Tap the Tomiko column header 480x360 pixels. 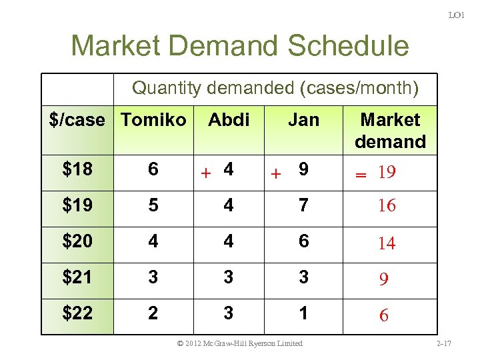(x=153, y=120)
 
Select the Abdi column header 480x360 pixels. (x=229, y=120)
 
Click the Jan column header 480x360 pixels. (x=303, y=120)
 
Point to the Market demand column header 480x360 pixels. (x=390, y=131)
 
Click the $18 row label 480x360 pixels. (x=77, y=169)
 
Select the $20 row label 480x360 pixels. (x=77, y=241)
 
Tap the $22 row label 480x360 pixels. (x=77, y=313)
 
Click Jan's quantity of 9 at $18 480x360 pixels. (x=303, y=170)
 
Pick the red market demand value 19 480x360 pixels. (x=387, y=173)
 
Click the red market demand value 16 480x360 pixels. (x=387, y=206)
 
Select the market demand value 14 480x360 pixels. (x=387, y=243)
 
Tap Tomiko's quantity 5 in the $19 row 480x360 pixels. (x=153, y=205)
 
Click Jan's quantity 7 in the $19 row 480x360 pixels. (x=303, y=205)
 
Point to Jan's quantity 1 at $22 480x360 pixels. (x=303, y=313)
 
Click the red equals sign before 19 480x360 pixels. (x=361, y=174)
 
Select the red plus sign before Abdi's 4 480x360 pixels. (x=207, y=173)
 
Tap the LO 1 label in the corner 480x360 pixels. (x=456, y=14)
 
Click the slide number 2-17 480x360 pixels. (x=443, y=343)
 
